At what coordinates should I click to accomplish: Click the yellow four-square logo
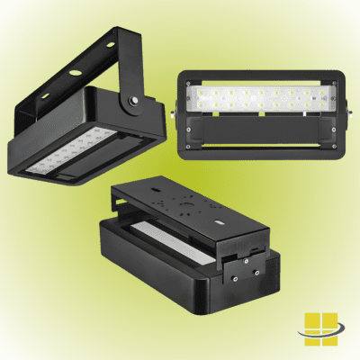[319, 328]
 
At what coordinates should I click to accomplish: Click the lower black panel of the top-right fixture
[261, 133]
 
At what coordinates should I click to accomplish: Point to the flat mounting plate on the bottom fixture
[180, 202]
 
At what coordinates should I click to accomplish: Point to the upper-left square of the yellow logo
[311, 319]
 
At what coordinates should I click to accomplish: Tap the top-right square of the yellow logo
[328, 319]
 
